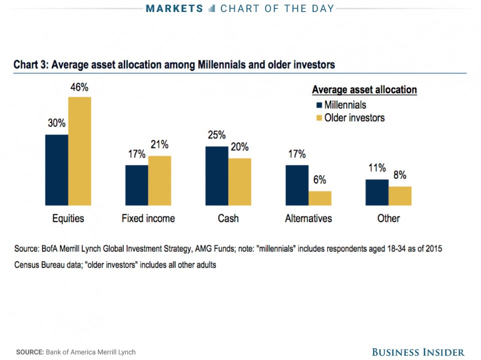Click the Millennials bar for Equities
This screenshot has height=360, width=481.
[x=57, y=170]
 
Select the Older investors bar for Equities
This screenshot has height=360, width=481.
[x=80, y=151]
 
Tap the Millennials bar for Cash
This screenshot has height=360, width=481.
[x=217, y=176]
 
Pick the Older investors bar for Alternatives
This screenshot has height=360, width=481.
[x=320, y=198]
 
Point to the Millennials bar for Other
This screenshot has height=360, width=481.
[x=377, y=192]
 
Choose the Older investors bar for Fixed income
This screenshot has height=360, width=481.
[x=159, y=180]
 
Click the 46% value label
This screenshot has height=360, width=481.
[x=79, y=88]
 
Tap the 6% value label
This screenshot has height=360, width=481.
[x=320, y=180]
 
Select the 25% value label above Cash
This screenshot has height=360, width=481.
[x=216, y=135]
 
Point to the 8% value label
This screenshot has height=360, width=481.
[x=399, y=176]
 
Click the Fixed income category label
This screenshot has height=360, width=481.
[x=148, y=219]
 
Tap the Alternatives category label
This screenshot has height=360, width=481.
[x=308, y=219]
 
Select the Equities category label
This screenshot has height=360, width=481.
[x=68, y=219]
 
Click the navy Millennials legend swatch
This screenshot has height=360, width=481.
[x=318, y=106]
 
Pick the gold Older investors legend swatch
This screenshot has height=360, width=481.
[x=318, y=118]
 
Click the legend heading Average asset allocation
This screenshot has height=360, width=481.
[x=364, y=90]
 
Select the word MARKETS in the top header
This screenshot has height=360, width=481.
[x=175, y=9]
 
